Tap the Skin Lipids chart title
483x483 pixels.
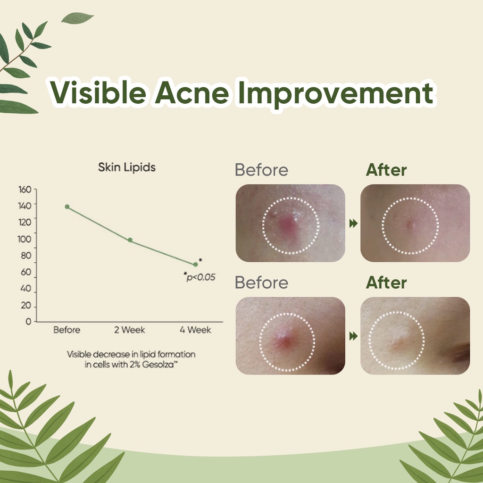126,167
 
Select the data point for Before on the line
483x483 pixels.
67,207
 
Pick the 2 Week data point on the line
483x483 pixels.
130,240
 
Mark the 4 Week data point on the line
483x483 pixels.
195,264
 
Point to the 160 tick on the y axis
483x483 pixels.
25,190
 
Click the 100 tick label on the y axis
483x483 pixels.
25,239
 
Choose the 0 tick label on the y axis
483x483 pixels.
28,322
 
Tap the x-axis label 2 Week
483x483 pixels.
129,330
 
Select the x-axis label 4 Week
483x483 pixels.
195,330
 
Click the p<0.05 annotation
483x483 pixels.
200,277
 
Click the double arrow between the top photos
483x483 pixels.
353,223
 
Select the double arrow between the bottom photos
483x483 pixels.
353,336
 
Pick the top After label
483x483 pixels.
386,170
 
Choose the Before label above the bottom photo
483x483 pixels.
261,283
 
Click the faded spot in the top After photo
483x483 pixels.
409,224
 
